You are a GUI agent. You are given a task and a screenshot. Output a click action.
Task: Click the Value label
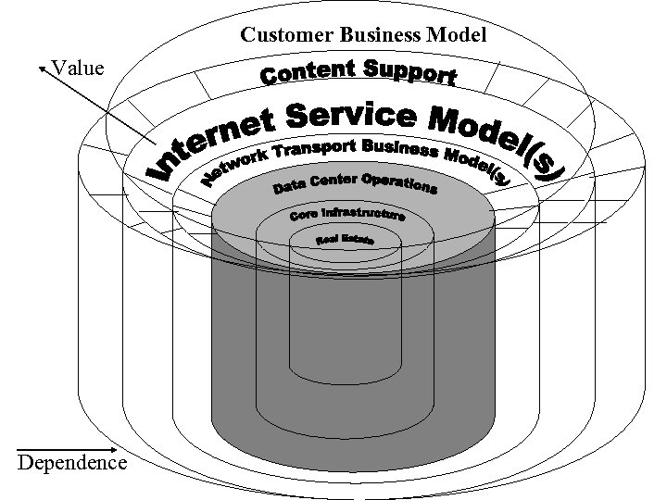click(x=79, y=68)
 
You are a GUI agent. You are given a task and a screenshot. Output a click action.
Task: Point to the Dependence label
click(x=72, y=462)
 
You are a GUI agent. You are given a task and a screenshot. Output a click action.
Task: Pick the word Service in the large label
click(x=353, y=115)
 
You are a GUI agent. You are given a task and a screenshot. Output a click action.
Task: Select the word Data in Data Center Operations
click(x=290, y=189)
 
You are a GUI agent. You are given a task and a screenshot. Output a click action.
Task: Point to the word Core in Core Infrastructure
click(x=304, y=215)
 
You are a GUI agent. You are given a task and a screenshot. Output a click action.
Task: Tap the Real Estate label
click(x=345, y=240)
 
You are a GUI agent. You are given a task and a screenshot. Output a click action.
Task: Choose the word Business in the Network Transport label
click(x=403, y=149)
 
